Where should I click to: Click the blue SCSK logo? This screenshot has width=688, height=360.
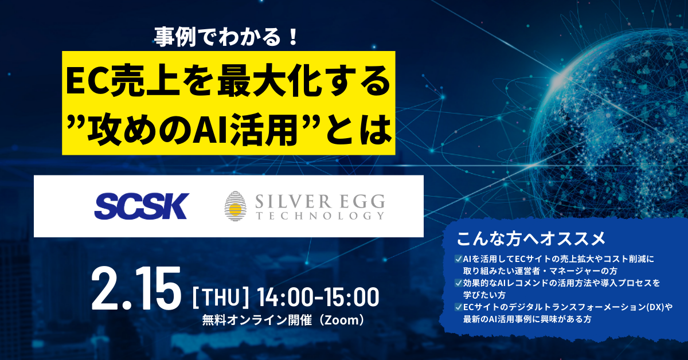141,206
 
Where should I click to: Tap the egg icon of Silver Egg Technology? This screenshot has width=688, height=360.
235,206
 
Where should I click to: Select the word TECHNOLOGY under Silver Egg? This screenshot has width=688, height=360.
320,216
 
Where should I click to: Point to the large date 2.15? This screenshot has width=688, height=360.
136,288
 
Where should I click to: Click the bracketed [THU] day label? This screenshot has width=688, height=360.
220,297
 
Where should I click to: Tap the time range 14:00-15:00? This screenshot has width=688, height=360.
318,297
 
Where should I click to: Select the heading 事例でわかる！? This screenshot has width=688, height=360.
226,37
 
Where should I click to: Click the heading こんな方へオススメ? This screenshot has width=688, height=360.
531,238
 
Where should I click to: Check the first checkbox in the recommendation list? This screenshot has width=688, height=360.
459,259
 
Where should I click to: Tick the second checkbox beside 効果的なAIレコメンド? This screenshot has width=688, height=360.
459,283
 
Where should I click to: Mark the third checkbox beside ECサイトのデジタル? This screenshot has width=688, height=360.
459,307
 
